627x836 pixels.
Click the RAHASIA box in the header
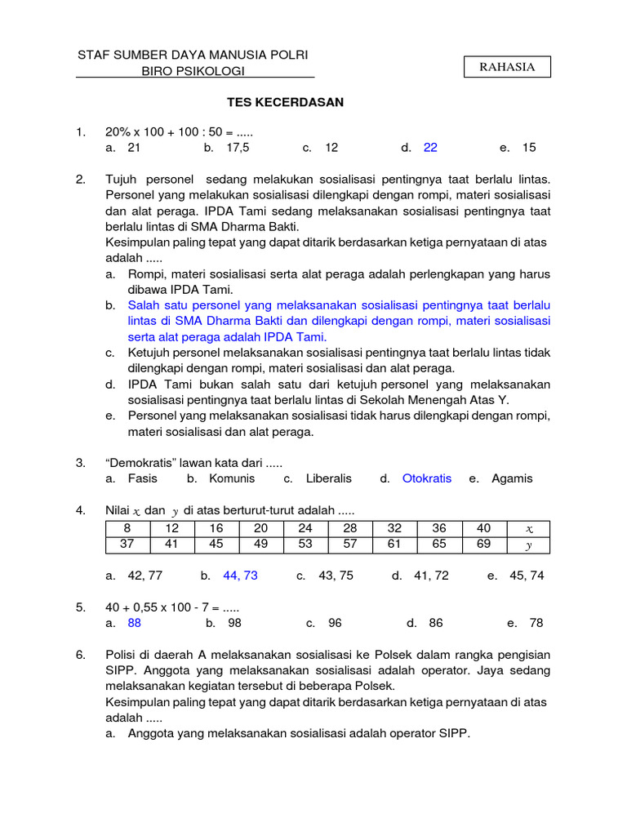coord(507,67)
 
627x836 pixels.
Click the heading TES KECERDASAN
coord(285,102)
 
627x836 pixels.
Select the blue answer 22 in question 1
coord(430,148)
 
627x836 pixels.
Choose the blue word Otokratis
coord(426,479)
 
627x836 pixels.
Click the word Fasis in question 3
coord(143,479)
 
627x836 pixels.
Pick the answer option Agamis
coord(512,479)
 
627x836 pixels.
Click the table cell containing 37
coord(127,545)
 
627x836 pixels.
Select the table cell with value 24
coord(305,529)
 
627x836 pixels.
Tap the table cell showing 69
coord(483,545)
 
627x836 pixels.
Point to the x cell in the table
coord(528,529)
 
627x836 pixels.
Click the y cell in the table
coord(528,545)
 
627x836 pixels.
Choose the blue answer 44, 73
coord(240,576)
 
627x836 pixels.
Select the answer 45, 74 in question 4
coord(526,576)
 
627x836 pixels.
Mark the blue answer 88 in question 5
coord(135,623)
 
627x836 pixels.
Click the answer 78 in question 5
coord(536,623)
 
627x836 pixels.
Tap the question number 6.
coord(80,655)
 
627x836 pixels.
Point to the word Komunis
coord(232,479)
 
